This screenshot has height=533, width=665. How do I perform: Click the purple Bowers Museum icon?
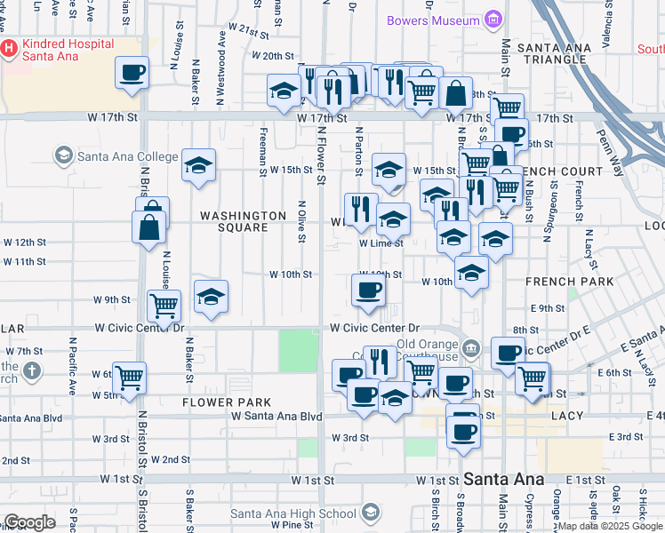[492, 20]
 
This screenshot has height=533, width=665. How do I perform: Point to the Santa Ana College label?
[127, 157]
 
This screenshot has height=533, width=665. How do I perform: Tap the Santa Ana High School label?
[293, 513]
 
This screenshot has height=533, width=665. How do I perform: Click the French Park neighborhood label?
[570, 282]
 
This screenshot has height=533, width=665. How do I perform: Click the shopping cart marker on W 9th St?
[164, 306]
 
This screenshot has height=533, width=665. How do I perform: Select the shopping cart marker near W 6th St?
[131, 378]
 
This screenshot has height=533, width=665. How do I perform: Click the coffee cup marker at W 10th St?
[368, 290]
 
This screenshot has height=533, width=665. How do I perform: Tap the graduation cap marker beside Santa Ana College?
[199, 164]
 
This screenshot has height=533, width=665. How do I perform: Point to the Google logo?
[29, 522]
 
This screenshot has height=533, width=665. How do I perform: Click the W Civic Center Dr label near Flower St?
[374, 328]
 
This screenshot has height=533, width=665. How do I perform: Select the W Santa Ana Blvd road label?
[276, 416]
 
